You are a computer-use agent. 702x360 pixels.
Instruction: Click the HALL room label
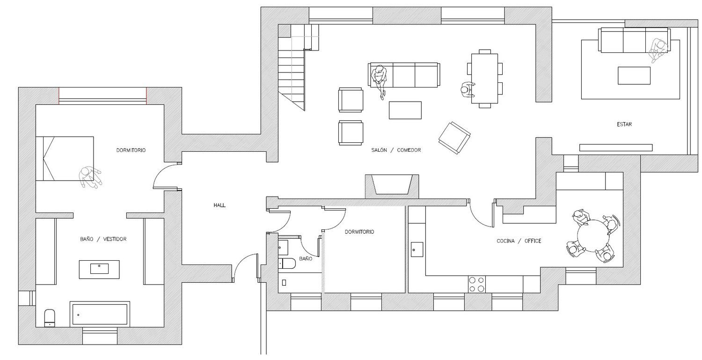tap(219, 206)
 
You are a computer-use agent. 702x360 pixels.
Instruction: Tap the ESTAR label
tap(624, 125)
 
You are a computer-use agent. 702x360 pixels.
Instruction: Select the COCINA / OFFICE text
tap(519, 241)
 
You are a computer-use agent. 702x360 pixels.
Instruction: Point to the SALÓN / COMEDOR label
tap(396, 150)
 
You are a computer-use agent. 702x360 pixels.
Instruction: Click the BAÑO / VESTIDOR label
tap(103, 239)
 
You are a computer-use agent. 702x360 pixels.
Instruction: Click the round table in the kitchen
tap(593, 236)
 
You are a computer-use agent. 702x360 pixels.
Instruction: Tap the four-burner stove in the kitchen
tap(477, 284)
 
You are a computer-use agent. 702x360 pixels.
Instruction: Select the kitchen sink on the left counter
tap(417, 250)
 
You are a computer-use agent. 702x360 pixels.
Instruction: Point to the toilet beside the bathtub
tap(50, 318)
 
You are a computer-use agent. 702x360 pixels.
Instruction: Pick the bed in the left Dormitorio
tap(65, 158)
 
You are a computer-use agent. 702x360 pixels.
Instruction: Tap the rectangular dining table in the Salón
tap(484, 78)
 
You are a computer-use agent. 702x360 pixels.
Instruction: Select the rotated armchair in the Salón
tap(454, 138)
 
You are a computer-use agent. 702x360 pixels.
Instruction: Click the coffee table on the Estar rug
tap(634, 75)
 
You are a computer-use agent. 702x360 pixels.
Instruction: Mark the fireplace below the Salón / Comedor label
tap(392, 186)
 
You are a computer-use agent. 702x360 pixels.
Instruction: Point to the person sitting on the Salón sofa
tap(379, 80)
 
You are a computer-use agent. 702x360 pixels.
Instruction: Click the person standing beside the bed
tap(90, 177)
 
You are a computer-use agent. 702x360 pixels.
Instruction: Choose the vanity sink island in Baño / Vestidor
tap(99, 269)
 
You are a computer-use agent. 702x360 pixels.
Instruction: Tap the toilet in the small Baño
tap(287, 264)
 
